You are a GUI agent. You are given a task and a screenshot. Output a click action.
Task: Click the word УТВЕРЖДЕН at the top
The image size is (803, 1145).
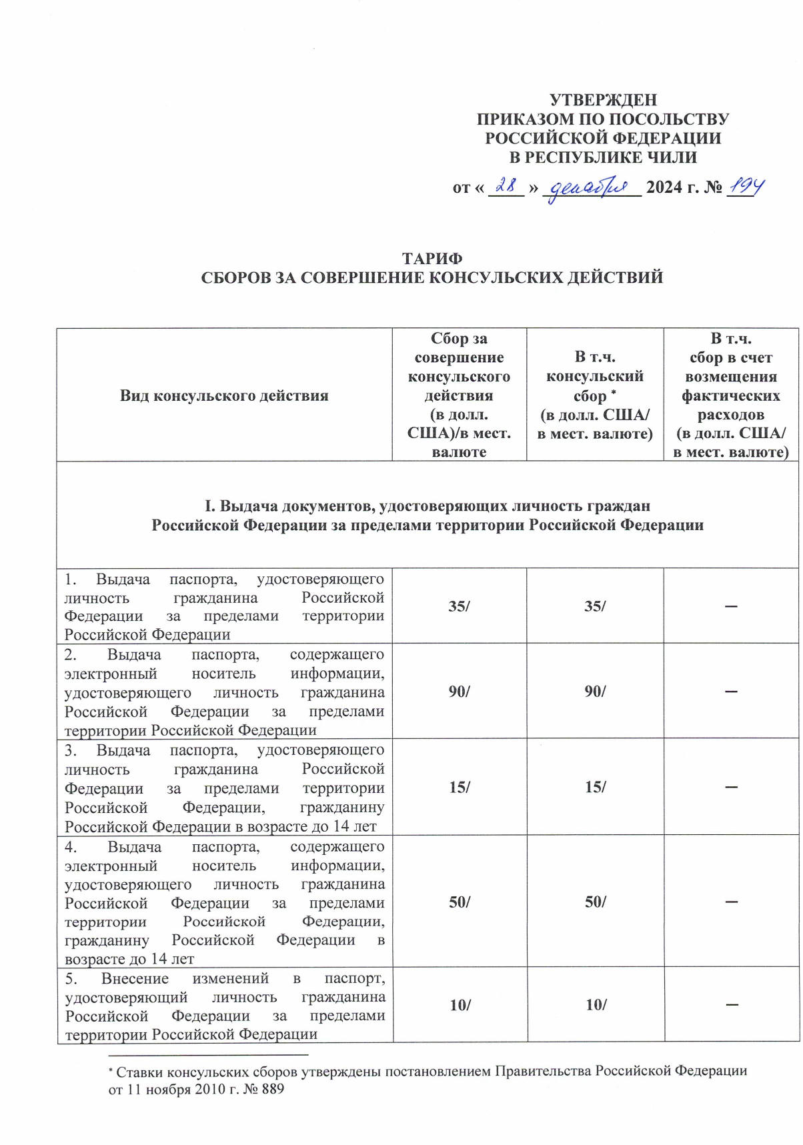click(x=603, y=100)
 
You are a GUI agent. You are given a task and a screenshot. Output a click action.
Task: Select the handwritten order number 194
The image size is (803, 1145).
click(x=746, y=186)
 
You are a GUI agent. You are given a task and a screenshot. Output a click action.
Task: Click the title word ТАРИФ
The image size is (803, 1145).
click(x=432, y=258)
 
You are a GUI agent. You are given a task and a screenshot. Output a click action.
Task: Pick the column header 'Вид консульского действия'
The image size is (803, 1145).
click(x=224, y=395)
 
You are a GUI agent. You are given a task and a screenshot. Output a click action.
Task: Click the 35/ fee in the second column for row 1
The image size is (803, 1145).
click(x=459, y=606)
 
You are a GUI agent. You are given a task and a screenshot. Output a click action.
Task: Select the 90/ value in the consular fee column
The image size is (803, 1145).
click(x=595, y=691)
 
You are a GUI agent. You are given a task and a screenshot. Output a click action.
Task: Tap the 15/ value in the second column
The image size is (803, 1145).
click(x=459, y=787)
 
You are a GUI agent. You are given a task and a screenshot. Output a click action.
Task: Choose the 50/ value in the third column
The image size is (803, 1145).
click(x=595, y=902)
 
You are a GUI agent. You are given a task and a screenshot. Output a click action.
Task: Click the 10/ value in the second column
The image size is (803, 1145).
click(x=460, y=1005)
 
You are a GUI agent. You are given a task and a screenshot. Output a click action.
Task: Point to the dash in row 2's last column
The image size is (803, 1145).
click(x=731, y=692)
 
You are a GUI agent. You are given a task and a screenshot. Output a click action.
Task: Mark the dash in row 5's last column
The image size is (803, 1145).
click(x=732, y=1004)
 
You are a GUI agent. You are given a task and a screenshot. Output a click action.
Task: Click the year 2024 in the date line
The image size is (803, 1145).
click(x=664, y=187)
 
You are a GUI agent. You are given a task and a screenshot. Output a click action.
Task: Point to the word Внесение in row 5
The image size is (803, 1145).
click(x=135, y=978)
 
